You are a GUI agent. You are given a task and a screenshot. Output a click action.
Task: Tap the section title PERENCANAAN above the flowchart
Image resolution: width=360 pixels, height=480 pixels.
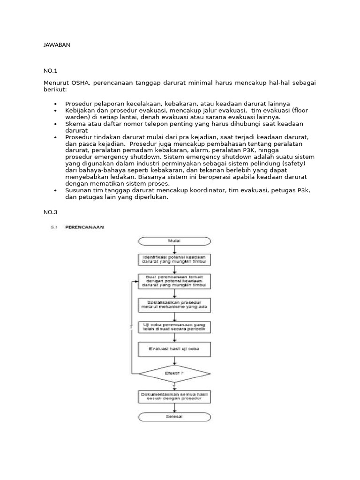click(x=84, y=227)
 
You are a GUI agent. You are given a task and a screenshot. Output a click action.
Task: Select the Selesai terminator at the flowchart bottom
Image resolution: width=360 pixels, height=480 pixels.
click(x=174, y=417)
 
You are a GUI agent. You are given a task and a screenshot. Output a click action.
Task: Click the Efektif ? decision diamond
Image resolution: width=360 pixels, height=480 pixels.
click(x=174, y=373)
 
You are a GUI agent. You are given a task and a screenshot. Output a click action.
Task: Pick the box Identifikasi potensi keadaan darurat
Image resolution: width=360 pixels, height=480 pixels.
click(x=174, y=260)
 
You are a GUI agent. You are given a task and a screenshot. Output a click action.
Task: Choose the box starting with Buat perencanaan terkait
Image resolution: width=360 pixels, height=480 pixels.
click(x=174, y=281)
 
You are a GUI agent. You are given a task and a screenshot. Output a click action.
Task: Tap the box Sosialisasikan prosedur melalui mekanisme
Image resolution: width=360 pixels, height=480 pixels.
click(x=174, y=305)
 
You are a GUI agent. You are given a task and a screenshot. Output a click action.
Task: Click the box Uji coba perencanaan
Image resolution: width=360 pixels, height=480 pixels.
click(x=174, y=327)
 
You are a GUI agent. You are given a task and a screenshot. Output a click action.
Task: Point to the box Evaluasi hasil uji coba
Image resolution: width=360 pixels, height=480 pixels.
click(x=174, y=349)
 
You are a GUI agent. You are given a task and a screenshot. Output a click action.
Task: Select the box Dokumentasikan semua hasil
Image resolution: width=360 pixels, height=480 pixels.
click(x=174, y=397)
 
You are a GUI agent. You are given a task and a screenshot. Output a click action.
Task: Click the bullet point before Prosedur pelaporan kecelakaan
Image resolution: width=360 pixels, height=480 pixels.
click(x=55, y=104)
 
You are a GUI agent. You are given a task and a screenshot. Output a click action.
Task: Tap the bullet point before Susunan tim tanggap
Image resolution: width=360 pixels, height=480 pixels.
click(x=55, y=191)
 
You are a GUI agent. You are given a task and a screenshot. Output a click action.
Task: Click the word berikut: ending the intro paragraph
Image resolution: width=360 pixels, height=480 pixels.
click(x=55, y=89)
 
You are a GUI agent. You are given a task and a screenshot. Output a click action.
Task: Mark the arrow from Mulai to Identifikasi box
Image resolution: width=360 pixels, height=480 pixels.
click(x=174, y=250)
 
